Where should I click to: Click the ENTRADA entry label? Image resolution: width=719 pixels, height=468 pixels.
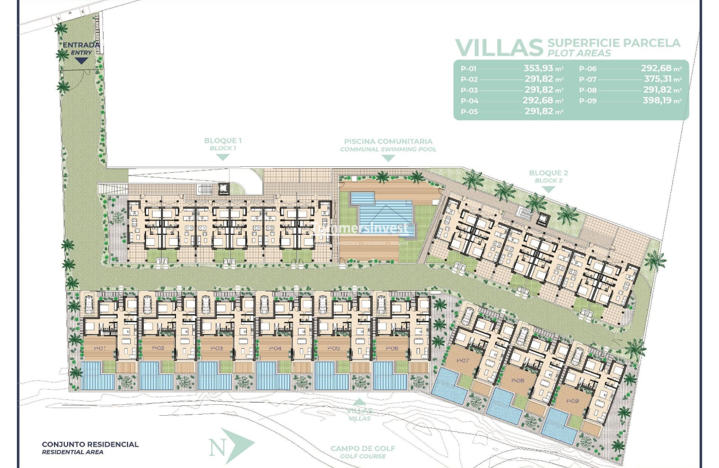coord(81,45)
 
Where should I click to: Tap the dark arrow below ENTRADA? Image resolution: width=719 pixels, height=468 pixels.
coord(81,60)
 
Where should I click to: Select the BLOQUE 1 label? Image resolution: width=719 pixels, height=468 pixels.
coord(223,141)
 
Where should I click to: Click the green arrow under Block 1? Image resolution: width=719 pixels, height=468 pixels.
coord(223,157)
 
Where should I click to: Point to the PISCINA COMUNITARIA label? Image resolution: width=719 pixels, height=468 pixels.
coord(388,141)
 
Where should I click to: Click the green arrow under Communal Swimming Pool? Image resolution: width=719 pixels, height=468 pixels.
coord(388,158)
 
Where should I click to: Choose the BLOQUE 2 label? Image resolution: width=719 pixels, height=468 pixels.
coord(549,173)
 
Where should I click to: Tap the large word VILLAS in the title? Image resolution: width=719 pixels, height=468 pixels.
coord(499,47)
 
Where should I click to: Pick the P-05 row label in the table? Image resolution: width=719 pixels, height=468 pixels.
coord(468,112)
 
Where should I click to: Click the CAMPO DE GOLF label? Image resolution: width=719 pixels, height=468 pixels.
coord(363,449)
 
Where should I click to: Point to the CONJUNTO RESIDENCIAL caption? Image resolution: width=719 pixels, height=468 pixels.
coord(90,445)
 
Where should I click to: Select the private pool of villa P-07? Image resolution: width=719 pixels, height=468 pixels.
coord(449,386)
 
